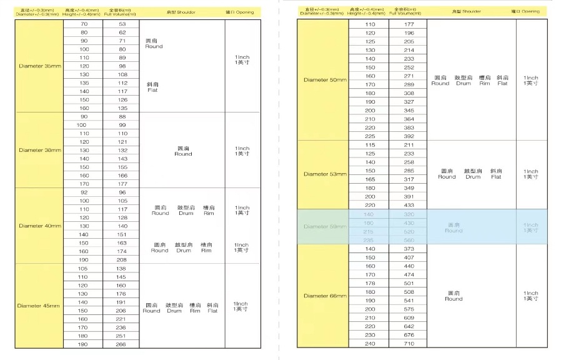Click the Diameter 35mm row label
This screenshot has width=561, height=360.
[x=40, y=66]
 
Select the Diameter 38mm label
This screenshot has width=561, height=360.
[x=40, y=150]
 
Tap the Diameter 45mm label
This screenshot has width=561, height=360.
[x=40, y=306]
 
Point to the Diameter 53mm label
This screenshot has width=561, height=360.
[x=325, y=174]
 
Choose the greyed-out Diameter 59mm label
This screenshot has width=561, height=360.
[x=325, y=226]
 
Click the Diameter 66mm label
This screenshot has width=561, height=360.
[x=325, y=296]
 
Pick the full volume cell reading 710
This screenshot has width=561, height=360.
[x=409, y=343]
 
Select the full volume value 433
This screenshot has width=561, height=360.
[x=409, y=205]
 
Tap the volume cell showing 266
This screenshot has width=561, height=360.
[x=122, y=344]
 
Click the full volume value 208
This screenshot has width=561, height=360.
[x=122, y=259]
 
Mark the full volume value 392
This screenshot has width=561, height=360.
[x=409, y=136]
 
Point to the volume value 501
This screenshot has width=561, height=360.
[x=409, y=283]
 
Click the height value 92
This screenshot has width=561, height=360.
[x=84, y=192]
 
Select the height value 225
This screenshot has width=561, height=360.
[x=370, y=136]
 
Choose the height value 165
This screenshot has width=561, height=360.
[x=370, y=179]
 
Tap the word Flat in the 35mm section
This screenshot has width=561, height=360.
[x=152, y=90]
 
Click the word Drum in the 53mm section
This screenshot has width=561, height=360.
[x=473, y=177]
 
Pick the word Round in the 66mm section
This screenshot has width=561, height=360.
[x=454, y=299]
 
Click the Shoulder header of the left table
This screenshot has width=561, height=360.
[x=182, y=12]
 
